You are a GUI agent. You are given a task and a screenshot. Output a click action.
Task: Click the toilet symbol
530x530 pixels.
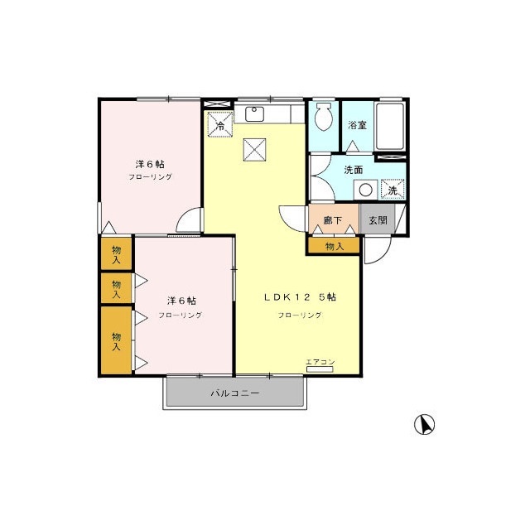(324, 116)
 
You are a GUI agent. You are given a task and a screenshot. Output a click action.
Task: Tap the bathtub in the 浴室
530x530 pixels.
(390, 126)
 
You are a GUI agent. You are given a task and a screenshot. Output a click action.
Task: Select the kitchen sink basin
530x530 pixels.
(254, 114)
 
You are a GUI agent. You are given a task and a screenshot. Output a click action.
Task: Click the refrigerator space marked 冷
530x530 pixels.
(220, 124)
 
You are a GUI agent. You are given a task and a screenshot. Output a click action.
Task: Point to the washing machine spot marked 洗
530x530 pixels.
(393, 190)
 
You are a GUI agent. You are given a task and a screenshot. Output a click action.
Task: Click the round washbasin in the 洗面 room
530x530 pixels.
(365, 190)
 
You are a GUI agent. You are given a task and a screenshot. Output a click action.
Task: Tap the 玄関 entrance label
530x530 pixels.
(378, 220)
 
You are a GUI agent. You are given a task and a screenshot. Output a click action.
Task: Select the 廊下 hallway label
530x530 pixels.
(333, 220)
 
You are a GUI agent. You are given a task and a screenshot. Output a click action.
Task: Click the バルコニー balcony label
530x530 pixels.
(235, 393)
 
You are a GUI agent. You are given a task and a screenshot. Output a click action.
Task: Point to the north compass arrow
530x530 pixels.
(425, 424)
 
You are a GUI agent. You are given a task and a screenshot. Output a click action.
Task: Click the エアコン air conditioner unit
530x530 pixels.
(320, 369)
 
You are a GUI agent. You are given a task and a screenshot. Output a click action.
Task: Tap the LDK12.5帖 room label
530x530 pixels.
(300, 297)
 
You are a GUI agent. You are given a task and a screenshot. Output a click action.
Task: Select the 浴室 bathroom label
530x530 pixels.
(357, 125)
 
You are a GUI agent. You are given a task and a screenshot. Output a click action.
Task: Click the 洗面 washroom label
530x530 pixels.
(354, 170)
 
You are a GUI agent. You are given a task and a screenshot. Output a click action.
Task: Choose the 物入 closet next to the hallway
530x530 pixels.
(335, 246)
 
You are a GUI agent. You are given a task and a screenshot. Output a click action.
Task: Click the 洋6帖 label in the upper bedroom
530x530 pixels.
(150, 164)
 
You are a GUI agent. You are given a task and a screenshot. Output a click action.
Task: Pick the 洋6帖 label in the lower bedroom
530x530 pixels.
(181, 301)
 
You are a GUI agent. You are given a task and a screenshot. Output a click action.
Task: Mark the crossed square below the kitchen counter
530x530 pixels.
(254, 149)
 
